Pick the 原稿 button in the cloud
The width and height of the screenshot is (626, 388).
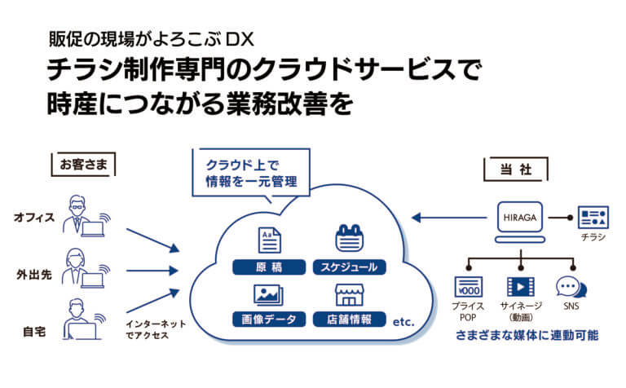269,267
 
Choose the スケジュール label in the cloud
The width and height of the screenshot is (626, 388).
348,267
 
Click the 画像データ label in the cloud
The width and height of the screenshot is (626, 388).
269,319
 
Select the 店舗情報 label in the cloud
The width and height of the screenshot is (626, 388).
348,319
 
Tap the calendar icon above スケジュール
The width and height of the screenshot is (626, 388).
348,238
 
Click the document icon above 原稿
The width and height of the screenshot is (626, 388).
269,239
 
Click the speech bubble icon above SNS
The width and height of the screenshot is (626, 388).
567,287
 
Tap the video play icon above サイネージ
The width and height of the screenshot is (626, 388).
518,287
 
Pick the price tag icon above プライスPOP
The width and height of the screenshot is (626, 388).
469,288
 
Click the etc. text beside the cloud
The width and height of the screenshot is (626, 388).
404,323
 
